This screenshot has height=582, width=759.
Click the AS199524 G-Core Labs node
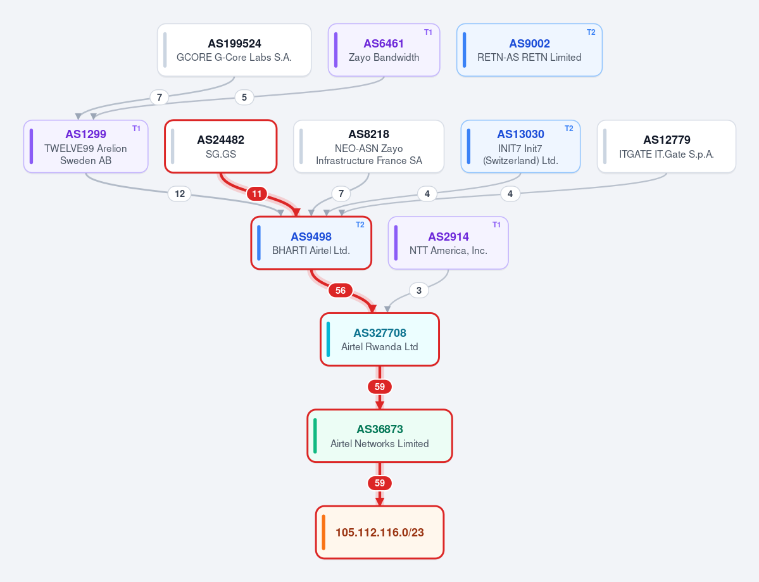click(234, 50)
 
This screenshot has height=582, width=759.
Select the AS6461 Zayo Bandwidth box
click(384, 50)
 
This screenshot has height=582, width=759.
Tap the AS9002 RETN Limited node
click(530, 50)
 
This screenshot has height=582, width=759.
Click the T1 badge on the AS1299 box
click(137, 129)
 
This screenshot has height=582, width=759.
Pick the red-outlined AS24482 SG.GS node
click(221, 146)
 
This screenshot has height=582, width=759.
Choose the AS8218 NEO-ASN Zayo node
click(369, 146)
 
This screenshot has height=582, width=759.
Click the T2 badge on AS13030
click(568, 129)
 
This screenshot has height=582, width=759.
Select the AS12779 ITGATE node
click(667, 146)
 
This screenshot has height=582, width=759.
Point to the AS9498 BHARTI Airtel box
click(311, 243)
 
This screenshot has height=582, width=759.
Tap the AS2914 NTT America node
click(448, 243)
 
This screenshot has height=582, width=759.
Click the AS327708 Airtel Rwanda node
click(380, 339)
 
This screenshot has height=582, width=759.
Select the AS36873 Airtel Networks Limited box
click(380, 436)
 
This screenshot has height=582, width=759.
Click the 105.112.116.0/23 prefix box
click(380, 532)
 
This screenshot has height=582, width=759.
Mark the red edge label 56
click(341, 291)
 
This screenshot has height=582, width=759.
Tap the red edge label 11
click(257, 194)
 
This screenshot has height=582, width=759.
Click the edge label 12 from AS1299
click(180, 194)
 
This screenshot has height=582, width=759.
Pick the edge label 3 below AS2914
click(418, 291)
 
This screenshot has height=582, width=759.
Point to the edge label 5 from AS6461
click(244, 98)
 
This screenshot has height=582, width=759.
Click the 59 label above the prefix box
click(380, 483)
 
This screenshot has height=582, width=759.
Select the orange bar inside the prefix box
click(323, 532)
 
